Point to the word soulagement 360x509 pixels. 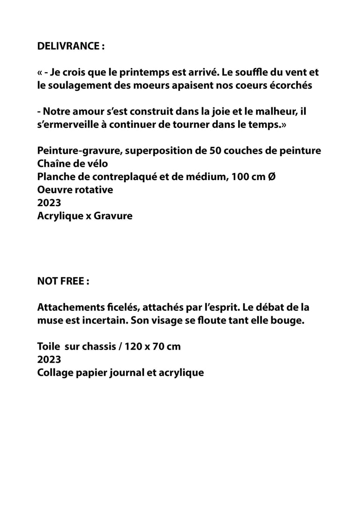click(81, 86)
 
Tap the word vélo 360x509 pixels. click(97, 164)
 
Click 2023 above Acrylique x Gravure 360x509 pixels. click(49, 203)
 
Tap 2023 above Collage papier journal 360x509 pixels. click(49, 360)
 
